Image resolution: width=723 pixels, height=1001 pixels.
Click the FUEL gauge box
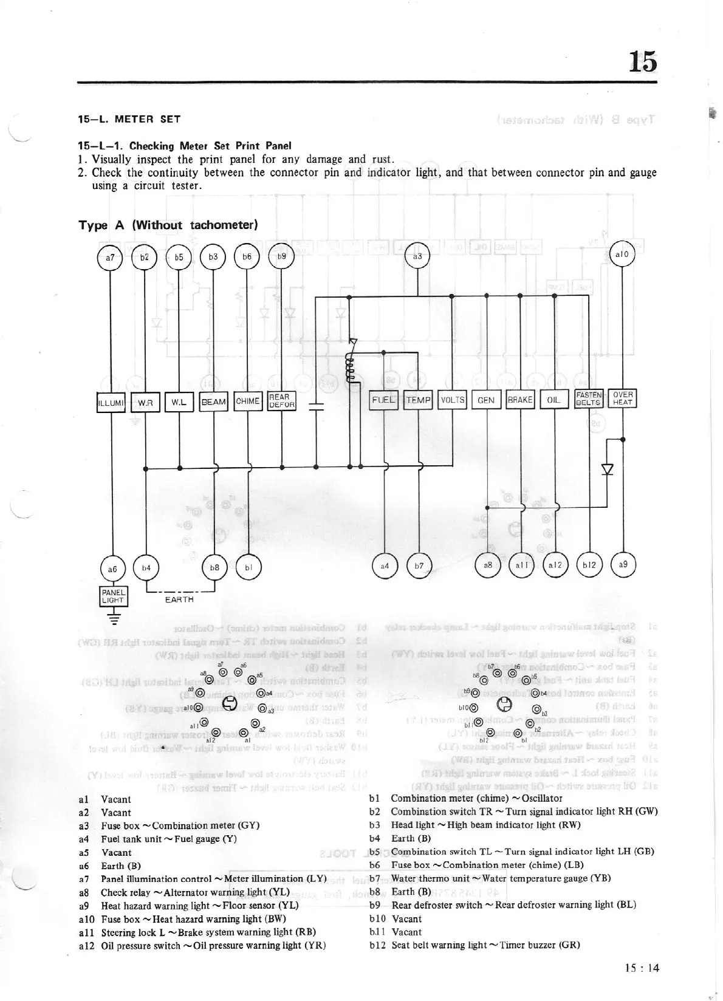point(383,400)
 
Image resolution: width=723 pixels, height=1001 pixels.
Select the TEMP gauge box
point(418,400)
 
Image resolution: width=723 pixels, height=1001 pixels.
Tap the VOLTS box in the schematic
point(452,400)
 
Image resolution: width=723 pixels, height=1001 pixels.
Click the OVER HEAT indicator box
point(623,398)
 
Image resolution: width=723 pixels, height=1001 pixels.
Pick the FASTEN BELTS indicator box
point(589,398)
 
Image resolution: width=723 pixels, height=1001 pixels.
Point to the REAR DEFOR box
point(281,401)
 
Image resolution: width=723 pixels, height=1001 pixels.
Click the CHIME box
point(247,401)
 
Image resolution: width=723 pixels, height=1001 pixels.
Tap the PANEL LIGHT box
point(113,596)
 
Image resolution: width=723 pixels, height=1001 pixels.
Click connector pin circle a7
point(110,258)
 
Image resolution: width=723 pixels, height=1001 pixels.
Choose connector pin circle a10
point(622,255)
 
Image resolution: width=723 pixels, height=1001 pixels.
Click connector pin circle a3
point(417,256)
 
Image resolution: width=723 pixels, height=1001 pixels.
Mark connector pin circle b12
point(589,565)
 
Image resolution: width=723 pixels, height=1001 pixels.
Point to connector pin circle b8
point(214,567)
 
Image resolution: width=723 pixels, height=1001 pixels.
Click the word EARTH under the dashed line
point(179,600)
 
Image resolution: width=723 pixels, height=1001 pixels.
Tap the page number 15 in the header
point(643,61)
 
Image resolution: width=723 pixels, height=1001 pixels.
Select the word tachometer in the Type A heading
point(224,225)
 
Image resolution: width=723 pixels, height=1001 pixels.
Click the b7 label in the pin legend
point(375,878)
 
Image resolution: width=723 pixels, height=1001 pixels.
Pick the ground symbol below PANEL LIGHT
point(113,618)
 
